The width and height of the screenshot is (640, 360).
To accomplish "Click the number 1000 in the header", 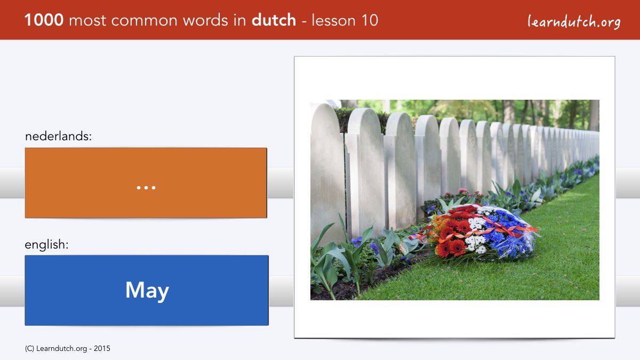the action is coord(44,20).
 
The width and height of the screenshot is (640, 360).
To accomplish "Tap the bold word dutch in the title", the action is coord(274,20).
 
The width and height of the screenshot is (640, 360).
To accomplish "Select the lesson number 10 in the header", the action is coord(370,20).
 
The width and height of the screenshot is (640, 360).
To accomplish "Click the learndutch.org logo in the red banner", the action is coord(574,22).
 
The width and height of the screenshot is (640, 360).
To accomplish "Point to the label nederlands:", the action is coord(58,136).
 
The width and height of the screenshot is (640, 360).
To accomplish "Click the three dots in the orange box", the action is coord(146,188).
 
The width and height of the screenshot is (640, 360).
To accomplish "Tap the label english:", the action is coord(46,245).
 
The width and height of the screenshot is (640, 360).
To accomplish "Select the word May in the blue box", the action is coord(147,290).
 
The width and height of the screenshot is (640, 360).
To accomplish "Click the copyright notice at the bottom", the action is coord(67,349).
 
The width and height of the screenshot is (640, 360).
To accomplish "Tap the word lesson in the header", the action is coord(334,20).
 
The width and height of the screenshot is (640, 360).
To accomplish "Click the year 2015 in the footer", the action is coord(102,349).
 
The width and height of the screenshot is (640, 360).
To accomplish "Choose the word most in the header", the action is coord(87,21).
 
